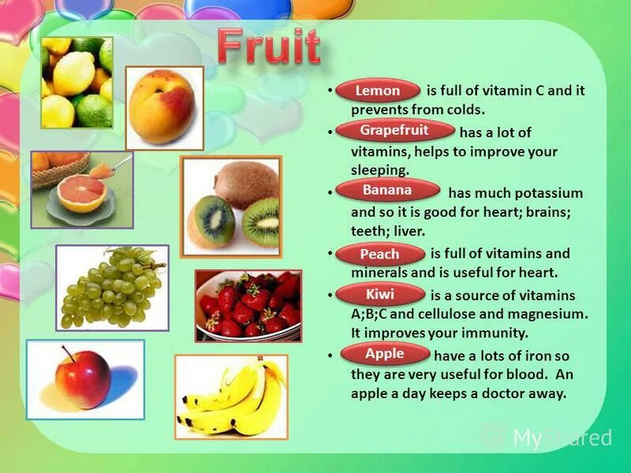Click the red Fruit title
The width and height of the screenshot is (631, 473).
[x=269, y=48]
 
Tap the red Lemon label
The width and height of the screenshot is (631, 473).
[x=378, y=91]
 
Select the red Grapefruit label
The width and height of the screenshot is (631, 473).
[x=394, y=130]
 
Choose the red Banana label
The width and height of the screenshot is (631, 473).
[x=387, y=191]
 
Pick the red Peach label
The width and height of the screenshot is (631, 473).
[x=380, y=255]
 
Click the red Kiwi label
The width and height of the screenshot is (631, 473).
[x=380, y=296]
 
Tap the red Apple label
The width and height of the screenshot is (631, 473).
[x=385, y=354]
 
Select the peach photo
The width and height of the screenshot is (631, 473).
[x=163, y=108]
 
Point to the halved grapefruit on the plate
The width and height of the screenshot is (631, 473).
[x=81, y=192]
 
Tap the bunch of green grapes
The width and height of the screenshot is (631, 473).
[x=110, y=287]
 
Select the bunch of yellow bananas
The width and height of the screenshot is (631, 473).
[x=230, y=397]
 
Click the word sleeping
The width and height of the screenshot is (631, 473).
[x=380, y=169]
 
